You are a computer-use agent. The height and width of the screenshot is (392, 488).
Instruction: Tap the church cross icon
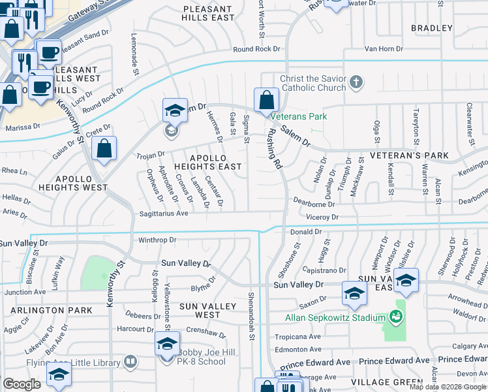(356, 82)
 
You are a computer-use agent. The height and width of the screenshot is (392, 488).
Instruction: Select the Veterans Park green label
(299, 117)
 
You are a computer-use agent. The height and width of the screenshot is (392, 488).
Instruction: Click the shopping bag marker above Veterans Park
(266, 101)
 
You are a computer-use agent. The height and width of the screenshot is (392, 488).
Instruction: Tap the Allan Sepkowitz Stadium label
(335, 318)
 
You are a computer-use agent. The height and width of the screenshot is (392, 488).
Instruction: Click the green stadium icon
(395, 318)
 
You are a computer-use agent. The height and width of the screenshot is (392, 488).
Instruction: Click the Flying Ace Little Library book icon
(130, 361)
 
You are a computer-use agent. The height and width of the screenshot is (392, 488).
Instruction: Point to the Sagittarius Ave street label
(162, 213)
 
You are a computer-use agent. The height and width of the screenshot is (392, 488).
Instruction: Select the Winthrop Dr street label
(157, 240)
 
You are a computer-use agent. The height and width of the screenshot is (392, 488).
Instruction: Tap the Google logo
(22, 384)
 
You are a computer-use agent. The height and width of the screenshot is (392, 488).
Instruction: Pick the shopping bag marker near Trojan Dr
(104, 149)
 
